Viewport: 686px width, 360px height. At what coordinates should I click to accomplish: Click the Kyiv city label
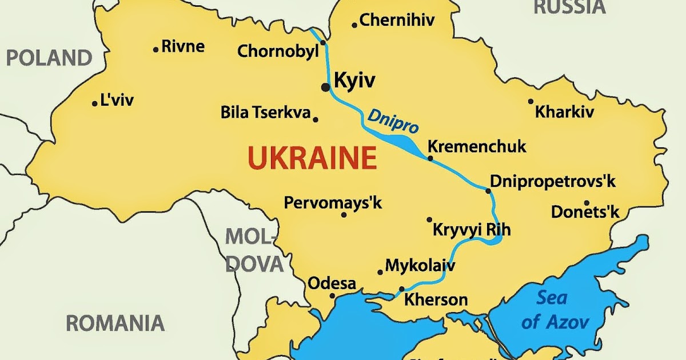[x=354, y=81]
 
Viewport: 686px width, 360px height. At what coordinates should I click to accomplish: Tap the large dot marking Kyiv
[x=326, y=87]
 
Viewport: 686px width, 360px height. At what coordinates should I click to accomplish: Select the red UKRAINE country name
[x=312, y=158]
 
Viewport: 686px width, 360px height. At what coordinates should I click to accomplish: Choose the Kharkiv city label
[x=564, y=112]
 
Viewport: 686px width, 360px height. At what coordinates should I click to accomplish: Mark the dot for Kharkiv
[x=531, y=102]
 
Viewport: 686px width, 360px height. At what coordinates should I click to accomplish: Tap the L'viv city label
[x=117, y=101]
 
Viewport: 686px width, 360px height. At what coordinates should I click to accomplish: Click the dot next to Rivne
[x=155, y=50]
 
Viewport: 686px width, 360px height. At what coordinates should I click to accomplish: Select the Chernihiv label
[x=397, y=21]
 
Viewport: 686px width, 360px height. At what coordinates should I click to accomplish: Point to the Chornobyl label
[x=278, y=51]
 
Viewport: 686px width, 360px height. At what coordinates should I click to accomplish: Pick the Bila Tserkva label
[x=266, y=112]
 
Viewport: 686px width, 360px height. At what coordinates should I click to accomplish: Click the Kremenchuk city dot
[x=430, y=158]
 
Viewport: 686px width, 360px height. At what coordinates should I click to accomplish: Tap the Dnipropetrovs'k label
[x=553, y=182]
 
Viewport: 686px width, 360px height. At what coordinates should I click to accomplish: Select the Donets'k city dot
[x=587, y=203]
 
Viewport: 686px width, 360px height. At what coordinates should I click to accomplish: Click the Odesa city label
[x=332, y=283]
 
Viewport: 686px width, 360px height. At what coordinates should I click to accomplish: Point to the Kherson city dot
[x=402, y=289]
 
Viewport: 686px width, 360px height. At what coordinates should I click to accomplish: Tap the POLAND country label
[x=49, y=58]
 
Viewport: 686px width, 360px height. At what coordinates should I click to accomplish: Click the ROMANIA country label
[x=115, y=323]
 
